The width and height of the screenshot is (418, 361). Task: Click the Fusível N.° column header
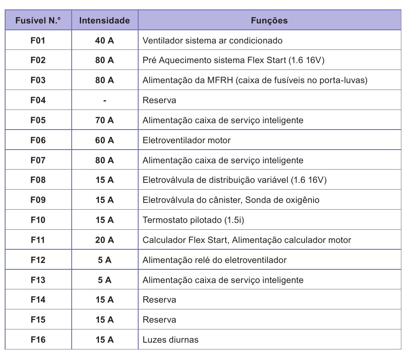click(x=38, y=20)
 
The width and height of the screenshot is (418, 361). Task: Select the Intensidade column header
click(x=104, y=20)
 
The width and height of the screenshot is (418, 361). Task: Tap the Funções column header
click(x=269, y=20)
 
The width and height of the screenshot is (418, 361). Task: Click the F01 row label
click(x=38, y=40)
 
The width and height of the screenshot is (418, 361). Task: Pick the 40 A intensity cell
click(x=104, y=40)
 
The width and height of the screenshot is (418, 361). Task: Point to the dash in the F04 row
click(x=104, y=101)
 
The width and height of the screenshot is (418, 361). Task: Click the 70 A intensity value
click(x=104, y=120)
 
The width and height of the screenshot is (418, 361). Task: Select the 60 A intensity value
click(x=104, y=140)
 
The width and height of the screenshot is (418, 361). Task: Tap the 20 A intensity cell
click(x=104, y=240)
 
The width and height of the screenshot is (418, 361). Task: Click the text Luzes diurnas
click(x=170, y=340)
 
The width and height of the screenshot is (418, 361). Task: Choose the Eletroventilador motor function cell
click(x=186, y=140)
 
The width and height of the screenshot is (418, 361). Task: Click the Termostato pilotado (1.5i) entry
click(x=193, y=220)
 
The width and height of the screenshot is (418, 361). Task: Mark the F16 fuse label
click(x=38, y=340)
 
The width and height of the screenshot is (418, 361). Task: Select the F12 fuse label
click(x=38, y=260)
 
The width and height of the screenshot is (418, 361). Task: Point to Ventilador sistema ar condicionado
click(x=212, y=40)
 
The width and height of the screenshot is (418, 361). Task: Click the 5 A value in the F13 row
click(x=104, y=280)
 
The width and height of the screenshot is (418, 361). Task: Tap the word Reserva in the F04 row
click(x=159, y=101)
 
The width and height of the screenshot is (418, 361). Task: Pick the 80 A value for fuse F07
click(x=104, y=160)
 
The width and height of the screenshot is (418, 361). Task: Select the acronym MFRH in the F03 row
click(x=220, y=81)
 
